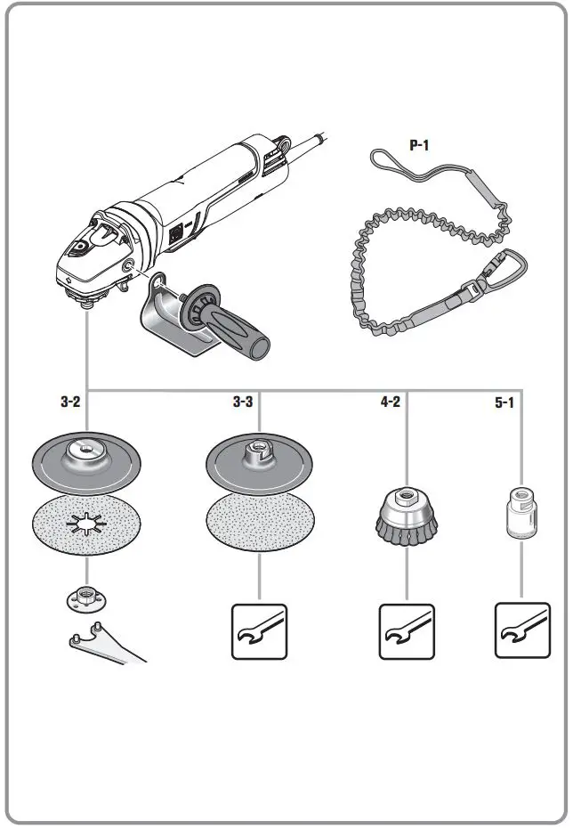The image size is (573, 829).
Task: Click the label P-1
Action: tap(418, 145)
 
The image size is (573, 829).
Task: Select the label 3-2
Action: tap(70, 402)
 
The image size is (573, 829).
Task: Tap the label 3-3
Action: tap(243, 402)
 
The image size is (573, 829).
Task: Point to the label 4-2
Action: tap(390, 402)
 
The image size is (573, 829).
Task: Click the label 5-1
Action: tap(504, 402)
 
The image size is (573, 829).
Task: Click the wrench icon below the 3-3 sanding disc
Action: tap(259, 631)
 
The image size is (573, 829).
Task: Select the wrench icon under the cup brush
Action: tap(407, 631)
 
